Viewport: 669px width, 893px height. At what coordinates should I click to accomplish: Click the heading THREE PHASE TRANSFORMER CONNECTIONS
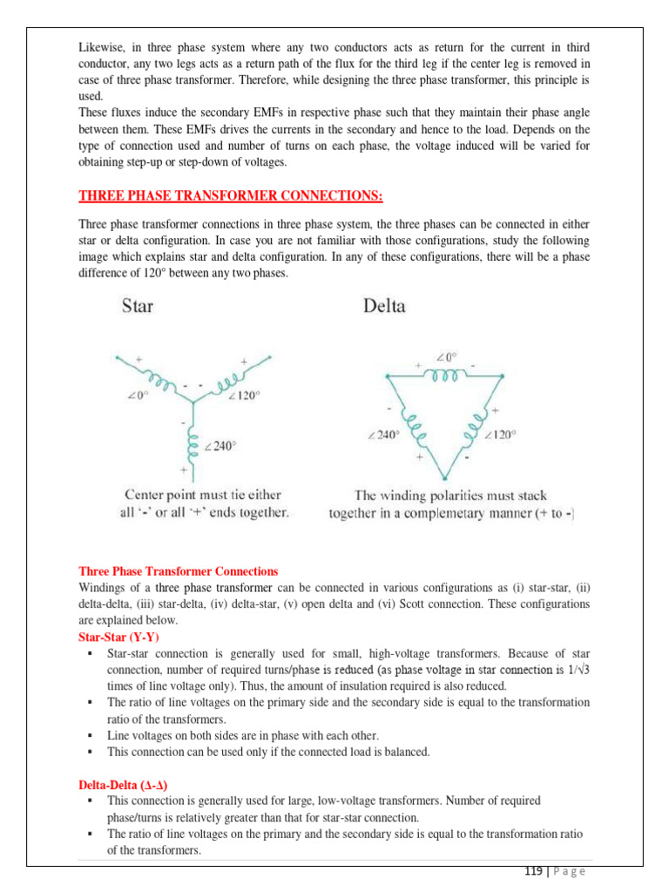point(231,193)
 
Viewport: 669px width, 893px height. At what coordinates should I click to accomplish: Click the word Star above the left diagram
point(142,306)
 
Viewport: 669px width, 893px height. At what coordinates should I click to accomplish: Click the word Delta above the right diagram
point(382,306)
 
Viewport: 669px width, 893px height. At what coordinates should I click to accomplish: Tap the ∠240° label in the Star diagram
point(220,446)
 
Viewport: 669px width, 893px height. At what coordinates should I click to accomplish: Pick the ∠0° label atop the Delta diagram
point(446,357)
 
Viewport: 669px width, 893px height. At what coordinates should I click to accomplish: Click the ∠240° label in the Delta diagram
point(385,433)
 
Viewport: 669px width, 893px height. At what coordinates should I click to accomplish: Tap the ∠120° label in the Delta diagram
point(501,433)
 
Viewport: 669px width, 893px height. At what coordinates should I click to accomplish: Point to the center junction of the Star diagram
point(186,407)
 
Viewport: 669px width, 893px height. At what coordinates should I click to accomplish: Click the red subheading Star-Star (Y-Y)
point(118,637)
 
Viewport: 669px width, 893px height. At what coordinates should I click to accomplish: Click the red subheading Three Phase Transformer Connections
point(179,571)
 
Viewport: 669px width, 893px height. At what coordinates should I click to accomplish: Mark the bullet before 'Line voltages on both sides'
point(91,735)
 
